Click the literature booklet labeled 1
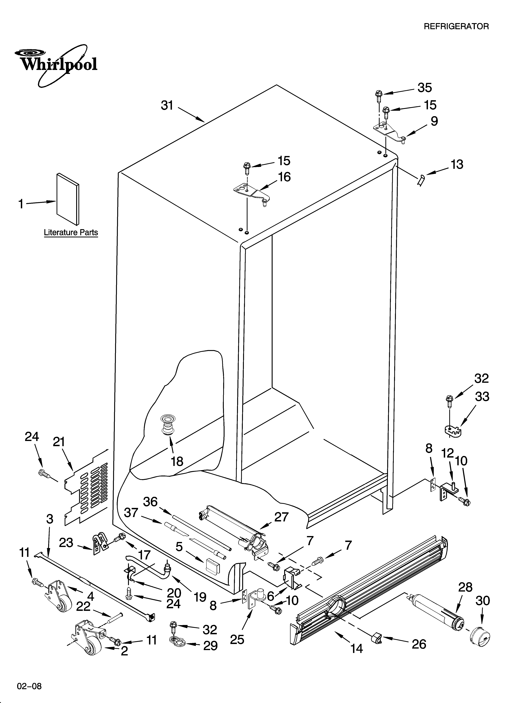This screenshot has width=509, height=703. [x=68, y=198]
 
